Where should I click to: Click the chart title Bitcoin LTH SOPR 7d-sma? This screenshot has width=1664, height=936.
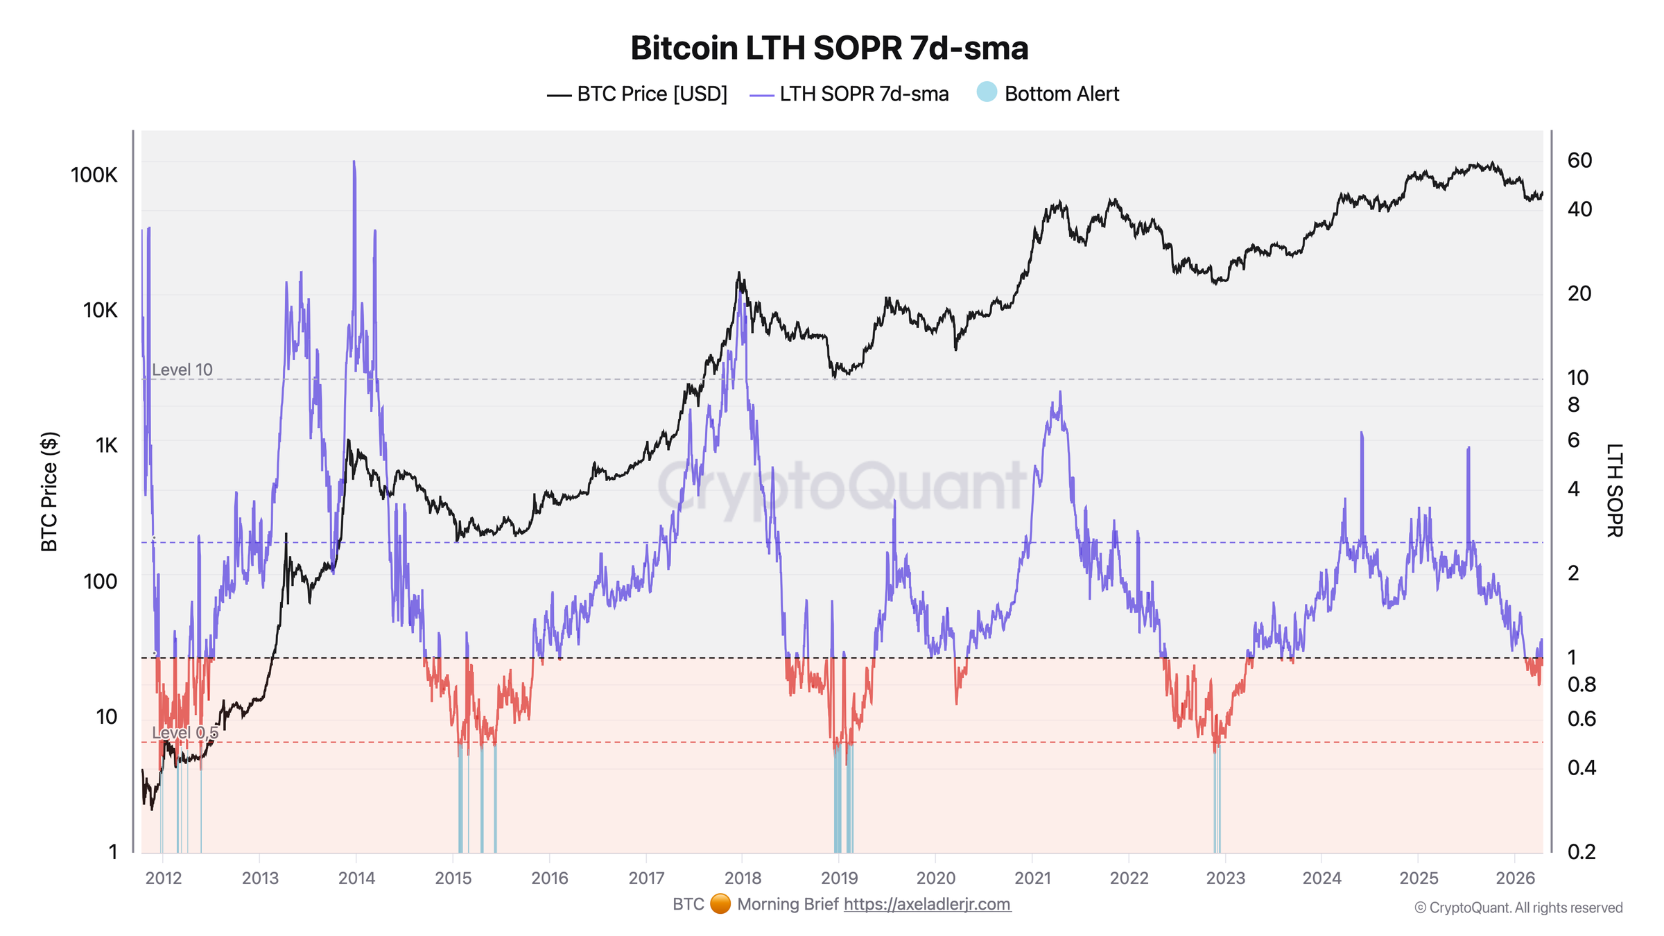(x=829, y=49)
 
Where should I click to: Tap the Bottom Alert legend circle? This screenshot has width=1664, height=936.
(x=986, y=92)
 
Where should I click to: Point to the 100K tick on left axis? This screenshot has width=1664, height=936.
(x=94, y=175)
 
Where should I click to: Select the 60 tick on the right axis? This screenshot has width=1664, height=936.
(x=1579, y=160)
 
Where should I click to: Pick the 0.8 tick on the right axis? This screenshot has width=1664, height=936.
(x=1581, y=685)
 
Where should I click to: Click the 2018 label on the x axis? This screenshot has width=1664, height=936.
(x=743, y=878)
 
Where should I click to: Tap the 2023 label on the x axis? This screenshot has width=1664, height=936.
(x=1225, y=878)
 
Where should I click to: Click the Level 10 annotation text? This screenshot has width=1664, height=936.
(x=182, y=370)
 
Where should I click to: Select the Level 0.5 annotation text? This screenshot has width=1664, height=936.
(x=184, y=733)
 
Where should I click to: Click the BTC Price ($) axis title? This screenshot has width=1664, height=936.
(x=49, y=492)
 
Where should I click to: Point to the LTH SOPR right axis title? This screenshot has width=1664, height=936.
(x=1614, y=490)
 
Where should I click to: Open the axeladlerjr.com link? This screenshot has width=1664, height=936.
(x=927, y=904)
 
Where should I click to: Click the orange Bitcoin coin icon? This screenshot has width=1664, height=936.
(x=720, y=904)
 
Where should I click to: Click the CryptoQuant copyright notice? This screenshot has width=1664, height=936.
(x=1518, y=908)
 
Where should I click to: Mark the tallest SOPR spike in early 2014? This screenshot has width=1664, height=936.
(x=354, y=164)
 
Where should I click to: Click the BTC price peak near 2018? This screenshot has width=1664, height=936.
(x=739, y=274)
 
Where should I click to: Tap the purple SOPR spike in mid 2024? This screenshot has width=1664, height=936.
(x=1362, y=434)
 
